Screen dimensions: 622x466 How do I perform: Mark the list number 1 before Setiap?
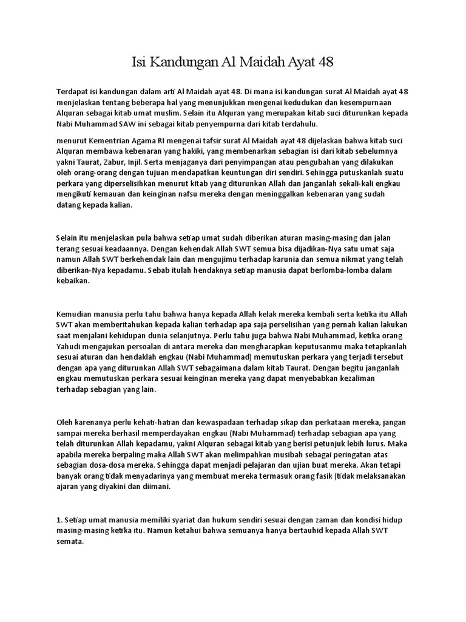point(59,521)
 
